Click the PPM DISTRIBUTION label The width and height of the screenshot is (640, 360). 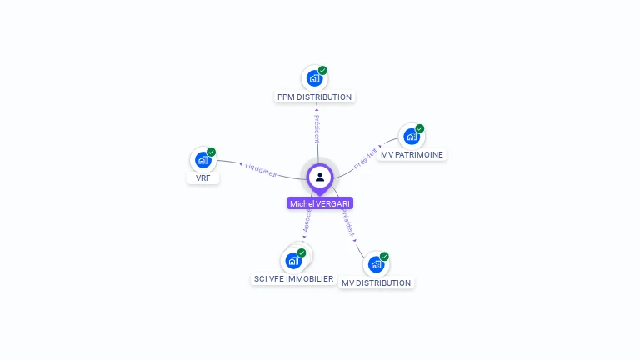click(315, 97)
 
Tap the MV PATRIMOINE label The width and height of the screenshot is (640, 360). click(412, 154)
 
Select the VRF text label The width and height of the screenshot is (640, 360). click(202, 177)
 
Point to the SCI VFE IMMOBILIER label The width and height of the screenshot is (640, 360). click(293, 278)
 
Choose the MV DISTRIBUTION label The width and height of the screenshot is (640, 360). click(376, 282)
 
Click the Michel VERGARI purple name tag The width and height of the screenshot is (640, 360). click(320, 203)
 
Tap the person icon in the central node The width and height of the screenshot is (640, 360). click(320, 177)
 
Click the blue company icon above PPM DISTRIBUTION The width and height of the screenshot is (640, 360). click(314, 78)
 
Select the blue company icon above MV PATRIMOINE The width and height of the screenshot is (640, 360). click(411, 136)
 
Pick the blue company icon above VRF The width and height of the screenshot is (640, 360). click(202, 159)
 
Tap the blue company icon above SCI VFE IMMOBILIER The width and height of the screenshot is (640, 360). click(292, 260)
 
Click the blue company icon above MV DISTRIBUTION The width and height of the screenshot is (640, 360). click(376, 264)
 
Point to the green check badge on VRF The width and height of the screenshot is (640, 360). click(212, 152)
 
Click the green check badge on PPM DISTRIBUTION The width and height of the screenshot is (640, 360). click(322, 71)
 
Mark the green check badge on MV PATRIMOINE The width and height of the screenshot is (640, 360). click(420, 128)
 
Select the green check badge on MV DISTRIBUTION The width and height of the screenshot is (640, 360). click(384, 257)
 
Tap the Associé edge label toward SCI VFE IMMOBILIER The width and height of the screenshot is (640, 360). click(307, 221)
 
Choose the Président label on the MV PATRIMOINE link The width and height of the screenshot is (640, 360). click(366, 158)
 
